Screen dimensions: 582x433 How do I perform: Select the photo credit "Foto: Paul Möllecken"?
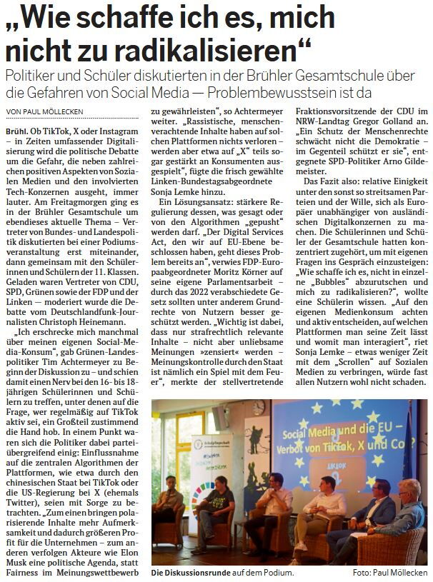click(389, 573)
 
